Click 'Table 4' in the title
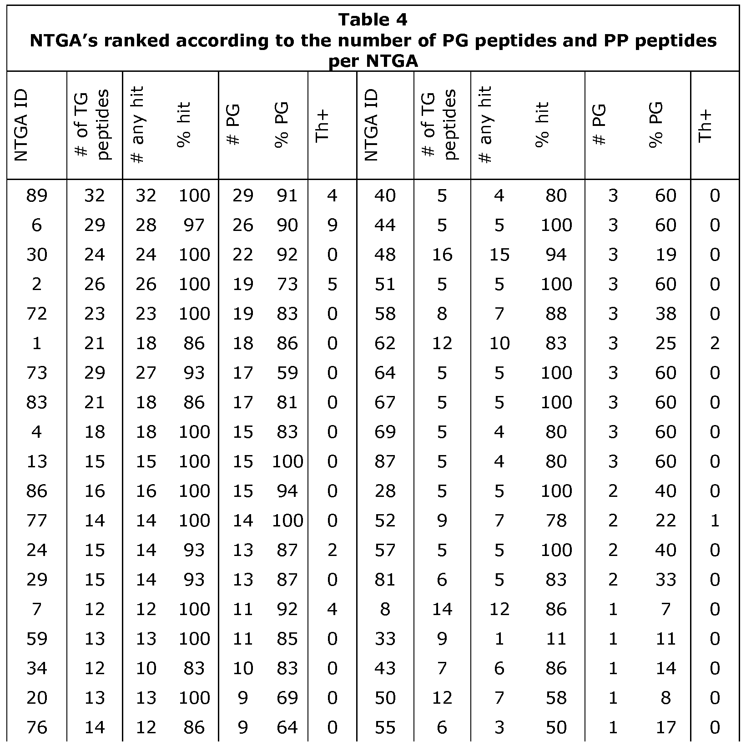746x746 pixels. [373, 20]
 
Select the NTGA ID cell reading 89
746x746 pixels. [37, 196]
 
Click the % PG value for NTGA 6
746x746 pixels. [287, 225]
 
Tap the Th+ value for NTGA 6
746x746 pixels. [332, 225]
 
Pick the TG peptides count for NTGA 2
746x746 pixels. [95, 285]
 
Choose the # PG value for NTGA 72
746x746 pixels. [242, 314]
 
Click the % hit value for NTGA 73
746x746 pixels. [194, 373]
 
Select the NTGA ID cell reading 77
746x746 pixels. [37, 521]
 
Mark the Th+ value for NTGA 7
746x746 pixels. [332, 610]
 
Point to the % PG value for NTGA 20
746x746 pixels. [287, 698]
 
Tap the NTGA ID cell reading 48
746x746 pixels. [385, 255]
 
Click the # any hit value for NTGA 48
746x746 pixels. [499, 255]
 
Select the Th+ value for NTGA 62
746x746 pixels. [714, 344]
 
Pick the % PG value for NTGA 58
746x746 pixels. [665, 314]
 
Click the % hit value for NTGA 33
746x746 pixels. [556, 639]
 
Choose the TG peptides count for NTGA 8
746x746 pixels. [442, 610]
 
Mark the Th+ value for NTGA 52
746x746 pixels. [714, 521]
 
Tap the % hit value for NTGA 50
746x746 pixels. [556, 698]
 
